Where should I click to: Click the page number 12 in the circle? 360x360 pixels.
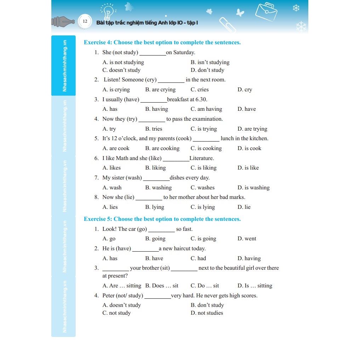pos(85,22)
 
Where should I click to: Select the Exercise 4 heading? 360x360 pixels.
pos(162,42)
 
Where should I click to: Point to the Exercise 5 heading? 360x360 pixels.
pos(162,219)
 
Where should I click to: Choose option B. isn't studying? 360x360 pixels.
pos(210,62)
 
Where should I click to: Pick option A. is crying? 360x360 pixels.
pos(116,90)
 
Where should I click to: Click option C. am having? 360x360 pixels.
pos(206,109)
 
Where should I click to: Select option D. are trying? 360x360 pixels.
pos(252,129)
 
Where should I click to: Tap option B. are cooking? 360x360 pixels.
pos(162,148)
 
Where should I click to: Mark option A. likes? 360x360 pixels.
pos(112,168)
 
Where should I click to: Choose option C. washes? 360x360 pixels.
pos(202,188)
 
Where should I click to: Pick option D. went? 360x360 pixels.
pos(247,239)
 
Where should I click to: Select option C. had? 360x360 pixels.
pos(198,258)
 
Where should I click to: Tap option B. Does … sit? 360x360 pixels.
pos(162,286)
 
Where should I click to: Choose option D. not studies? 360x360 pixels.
pos(207,313)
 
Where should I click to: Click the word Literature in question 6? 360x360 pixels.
pos(201,158)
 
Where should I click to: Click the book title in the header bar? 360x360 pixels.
pos(147,23)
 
